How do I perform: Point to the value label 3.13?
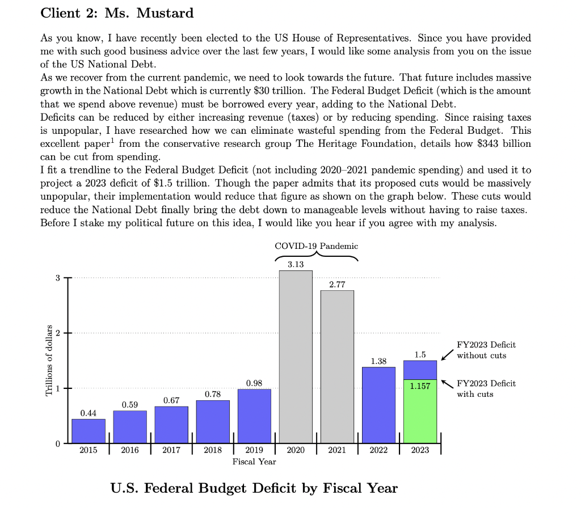click(x=296, y=264)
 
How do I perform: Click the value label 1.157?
click(x=420, y=386)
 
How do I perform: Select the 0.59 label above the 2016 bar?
click(x=130, y=404)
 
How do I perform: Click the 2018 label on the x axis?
click(x=213, y=450)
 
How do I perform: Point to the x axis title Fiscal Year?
click(x=254, y=462)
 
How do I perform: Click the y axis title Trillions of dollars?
click(x=49, y=361)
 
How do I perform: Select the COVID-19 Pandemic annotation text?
click(x=316, y=246)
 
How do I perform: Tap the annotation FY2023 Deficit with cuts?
click(x=486, y=388)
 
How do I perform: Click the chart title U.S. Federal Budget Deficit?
click(x=254, y=488)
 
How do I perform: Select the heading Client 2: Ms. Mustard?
click(x=117, y=13)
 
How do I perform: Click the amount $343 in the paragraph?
click(x=485, y=143)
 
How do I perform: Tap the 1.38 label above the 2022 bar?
click(x=378, y=361)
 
